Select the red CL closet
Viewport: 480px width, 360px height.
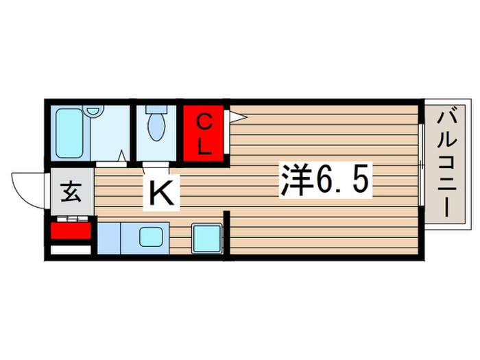click(204, 134)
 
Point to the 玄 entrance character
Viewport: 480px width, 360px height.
click(71, 192)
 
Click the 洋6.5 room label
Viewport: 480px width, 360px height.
click(324, 181)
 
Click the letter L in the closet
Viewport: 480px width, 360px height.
click(204, 145)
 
